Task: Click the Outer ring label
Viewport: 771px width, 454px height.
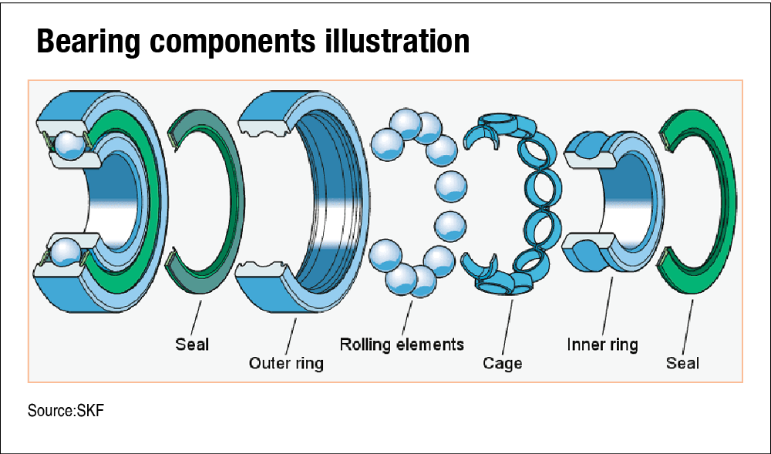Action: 286,362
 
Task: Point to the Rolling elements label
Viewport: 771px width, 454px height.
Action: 402,344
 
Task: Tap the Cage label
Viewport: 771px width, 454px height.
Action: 503,362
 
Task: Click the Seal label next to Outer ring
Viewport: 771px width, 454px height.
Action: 192,344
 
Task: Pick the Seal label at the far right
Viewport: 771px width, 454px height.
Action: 682,362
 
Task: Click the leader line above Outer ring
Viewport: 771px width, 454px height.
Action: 291,331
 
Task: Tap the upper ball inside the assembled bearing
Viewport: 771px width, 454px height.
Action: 68,145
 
